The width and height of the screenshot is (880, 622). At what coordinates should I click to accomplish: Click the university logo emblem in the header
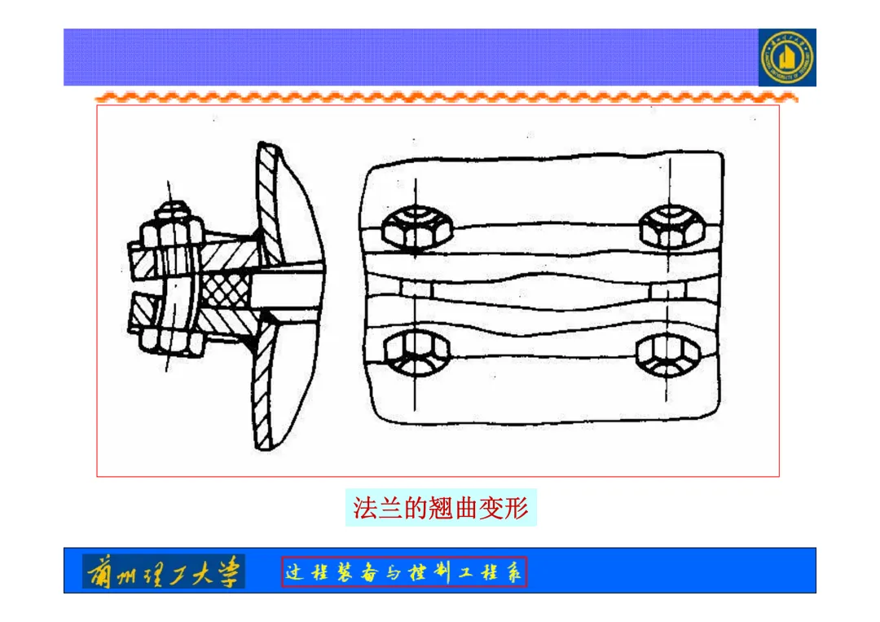coord(787,58)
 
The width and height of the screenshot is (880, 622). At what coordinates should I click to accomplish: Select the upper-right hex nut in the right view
coord(671,226)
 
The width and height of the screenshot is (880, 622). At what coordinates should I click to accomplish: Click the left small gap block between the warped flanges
coord(415,289)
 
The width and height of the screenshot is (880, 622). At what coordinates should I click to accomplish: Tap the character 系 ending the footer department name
coord(513,572)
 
